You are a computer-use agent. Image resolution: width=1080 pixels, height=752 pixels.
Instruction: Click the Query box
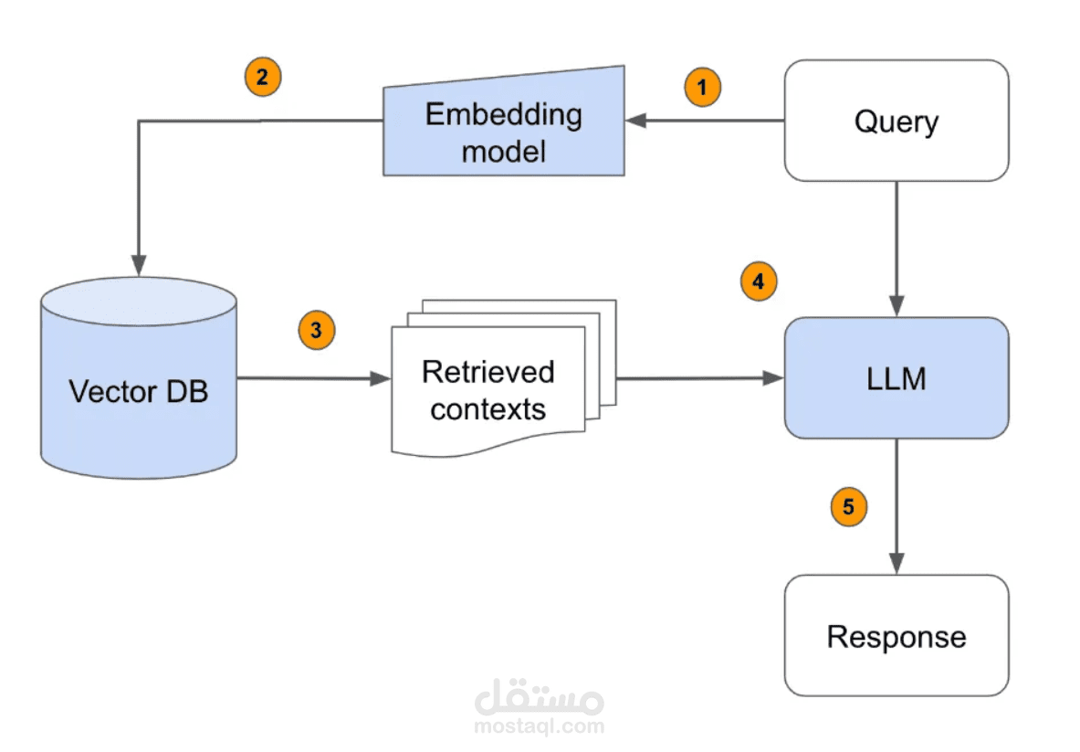[x=897, y=121]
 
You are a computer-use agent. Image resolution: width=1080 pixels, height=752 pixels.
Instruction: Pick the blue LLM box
[x=897, y=378]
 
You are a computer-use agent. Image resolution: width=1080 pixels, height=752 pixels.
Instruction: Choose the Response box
[x=897, y=636]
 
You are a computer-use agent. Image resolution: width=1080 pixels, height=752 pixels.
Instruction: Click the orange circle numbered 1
[x=702, y=88]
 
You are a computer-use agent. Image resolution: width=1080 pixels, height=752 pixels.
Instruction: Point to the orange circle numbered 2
[x=262, y=77]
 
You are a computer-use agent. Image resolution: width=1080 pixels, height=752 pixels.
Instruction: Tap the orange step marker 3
[x=317, y=331]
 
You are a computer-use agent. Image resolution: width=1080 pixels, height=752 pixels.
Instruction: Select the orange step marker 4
[x=758, y=282]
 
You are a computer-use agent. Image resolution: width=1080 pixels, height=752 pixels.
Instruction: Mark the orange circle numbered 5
[x=848, y=506]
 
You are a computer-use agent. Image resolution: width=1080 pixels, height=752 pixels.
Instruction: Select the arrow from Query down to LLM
[x=897, y=247]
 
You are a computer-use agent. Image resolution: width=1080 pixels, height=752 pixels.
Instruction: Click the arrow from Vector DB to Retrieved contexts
[x=310, y=378]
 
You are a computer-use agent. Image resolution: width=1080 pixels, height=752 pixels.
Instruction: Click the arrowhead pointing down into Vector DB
[x=139, y=266]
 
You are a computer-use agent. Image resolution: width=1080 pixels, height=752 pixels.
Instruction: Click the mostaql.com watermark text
[x=540, y=727]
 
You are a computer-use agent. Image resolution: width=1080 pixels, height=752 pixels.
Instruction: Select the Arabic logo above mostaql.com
[x=540, y=698]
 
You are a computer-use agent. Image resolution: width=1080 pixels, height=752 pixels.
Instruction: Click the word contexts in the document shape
[x=488, y=408]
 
